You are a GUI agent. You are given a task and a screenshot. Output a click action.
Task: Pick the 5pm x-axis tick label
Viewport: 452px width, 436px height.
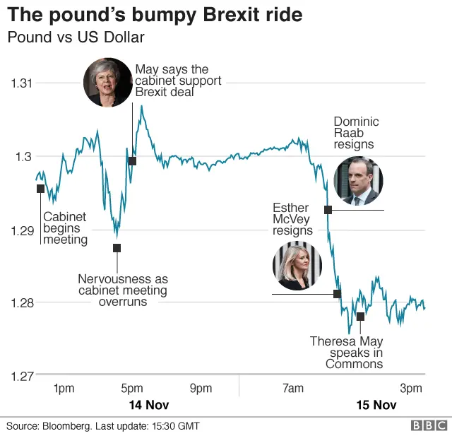pyautogui.click(x=132, y=389)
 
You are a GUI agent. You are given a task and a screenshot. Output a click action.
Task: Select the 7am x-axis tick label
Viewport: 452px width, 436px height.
pyautogui.click(x=292, y=389)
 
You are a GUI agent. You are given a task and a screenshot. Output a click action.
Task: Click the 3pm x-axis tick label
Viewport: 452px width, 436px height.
pyautogui.click(x=411, y=389)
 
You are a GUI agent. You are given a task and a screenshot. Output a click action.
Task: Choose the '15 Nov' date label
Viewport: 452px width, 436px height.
pyautogui.click(x=376, y=406)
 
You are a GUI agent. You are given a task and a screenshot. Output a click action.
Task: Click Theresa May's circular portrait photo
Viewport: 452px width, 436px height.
pyautogui.click(x=108, y=82)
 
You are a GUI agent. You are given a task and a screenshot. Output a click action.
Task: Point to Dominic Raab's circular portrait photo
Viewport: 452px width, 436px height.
pyautogui.click(x=358, y=181)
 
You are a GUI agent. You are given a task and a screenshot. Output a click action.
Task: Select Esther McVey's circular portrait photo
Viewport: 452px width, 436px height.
pyautogui.click(x=297, y=266)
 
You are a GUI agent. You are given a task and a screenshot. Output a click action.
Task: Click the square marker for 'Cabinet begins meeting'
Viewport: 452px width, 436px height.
pyautogui.click(x=40, y=188)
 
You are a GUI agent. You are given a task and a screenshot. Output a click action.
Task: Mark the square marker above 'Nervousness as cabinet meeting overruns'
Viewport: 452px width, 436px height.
pyautogui.click(x=117, y=248)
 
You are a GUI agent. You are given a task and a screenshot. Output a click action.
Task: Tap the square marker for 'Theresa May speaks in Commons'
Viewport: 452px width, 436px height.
pyautogui.click(x=360, y=317)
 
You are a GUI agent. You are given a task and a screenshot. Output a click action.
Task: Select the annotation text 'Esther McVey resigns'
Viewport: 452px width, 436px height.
pyautogui.click(x=292, y=219)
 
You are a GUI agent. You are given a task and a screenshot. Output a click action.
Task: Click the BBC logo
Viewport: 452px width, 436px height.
pyautogui.click(x=429, y=425)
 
